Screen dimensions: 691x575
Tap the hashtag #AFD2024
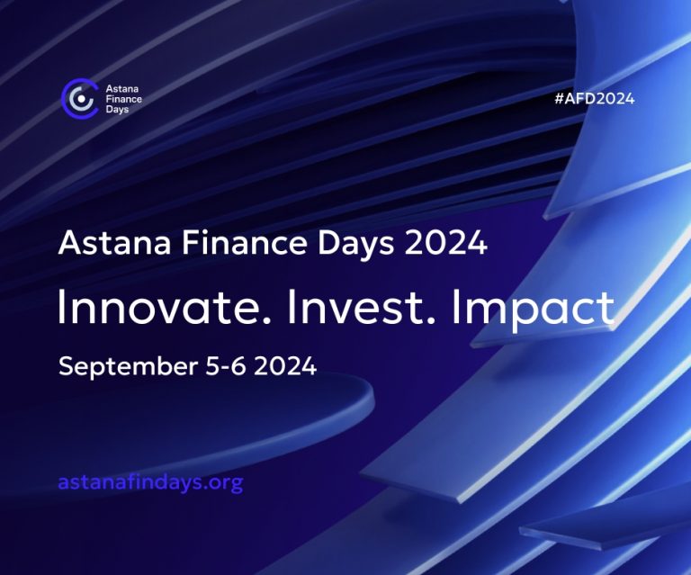[595, 98]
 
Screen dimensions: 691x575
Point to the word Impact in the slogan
[534, 310]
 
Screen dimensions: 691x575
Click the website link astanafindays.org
[150, 482]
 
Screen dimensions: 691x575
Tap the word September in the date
[129, 367]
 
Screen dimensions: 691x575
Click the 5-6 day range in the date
[225, 366]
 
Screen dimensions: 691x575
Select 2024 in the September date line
[285, 366]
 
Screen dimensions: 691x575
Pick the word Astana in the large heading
[114, 243]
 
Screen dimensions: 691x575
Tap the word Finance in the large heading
[244, 243]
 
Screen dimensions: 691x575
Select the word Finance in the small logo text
[124, 99]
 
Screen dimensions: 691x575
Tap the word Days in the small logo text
[117, 109]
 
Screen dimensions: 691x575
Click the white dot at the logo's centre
[81, 99]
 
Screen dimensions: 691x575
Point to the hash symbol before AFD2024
[560, 98]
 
